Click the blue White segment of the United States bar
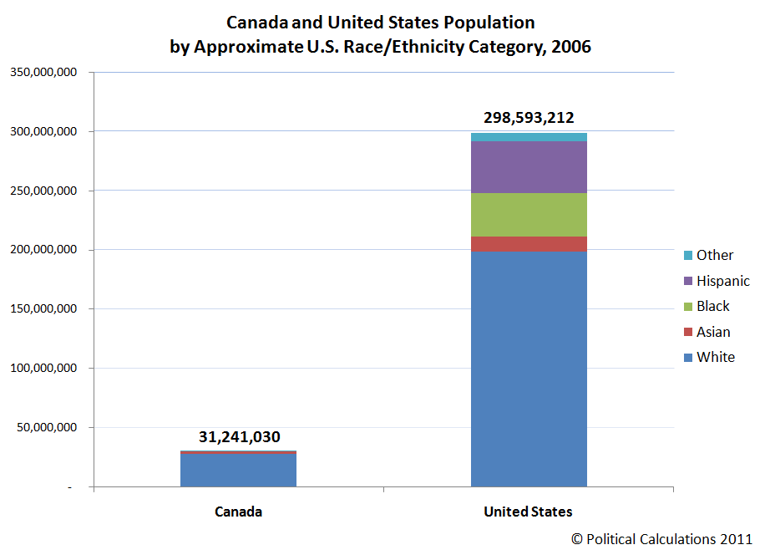pyautogui.click(x=529, y=368)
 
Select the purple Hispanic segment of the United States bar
pyautogui.click(x=529, y=166)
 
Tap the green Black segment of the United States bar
pyautogui.click(x=529, y=215)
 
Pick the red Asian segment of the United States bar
pyautogui.click(x=529, y=244)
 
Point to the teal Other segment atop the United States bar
pyautogui.click(x=529, y=137)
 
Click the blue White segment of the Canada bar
pyautogui.click(x=238, y=470)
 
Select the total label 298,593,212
pyautogui.click(x=529, y=118)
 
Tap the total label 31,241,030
pyautogui.click(x=239, y=436)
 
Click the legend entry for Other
pyautogui.click(x=714, y=255)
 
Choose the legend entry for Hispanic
pyautogui.click(x=722, y=281)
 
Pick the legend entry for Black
pyautogui.click(x=712, y=306)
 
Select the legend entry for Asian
pyautogui.click(x=713, y=332)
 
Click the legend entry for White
pyautogui.click(x=715, y=357)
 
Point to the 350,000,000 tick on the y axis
pyautogui.click(x=43, y=73)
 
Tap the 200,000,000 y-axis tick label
pyautogui.click(x=43, y=250)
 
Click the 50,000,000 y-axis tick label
pyautogui.click(x=47, y=427)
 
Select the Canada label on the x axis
pyautogui.click(x=238, y=512)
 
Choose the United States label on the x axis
pyautogui.click(x=529, y=512)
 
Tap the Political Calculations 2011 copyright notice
pyautogui.click(x=661, y=539)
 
